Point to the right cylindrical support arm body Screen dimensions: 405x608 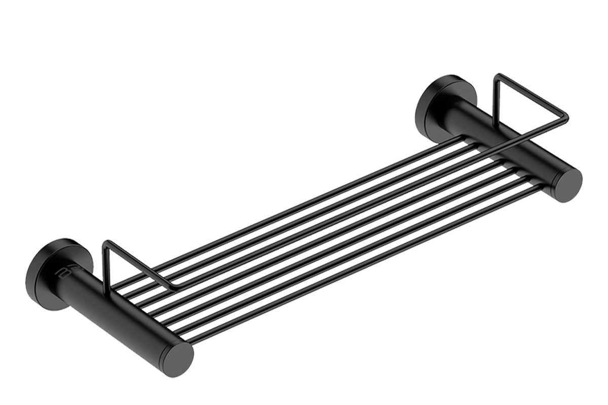point(507,147)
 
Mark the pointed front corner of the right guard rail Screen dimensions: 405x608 point(566,118)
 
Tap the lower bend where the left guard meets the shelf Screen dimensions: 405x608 point(175,287)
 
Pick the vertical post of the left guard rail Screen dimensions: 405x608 point(105,268)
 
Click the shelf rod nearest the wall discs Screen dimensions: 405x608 point(304,202)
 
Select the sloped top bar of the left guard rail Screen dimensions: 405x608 point(139,263)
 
